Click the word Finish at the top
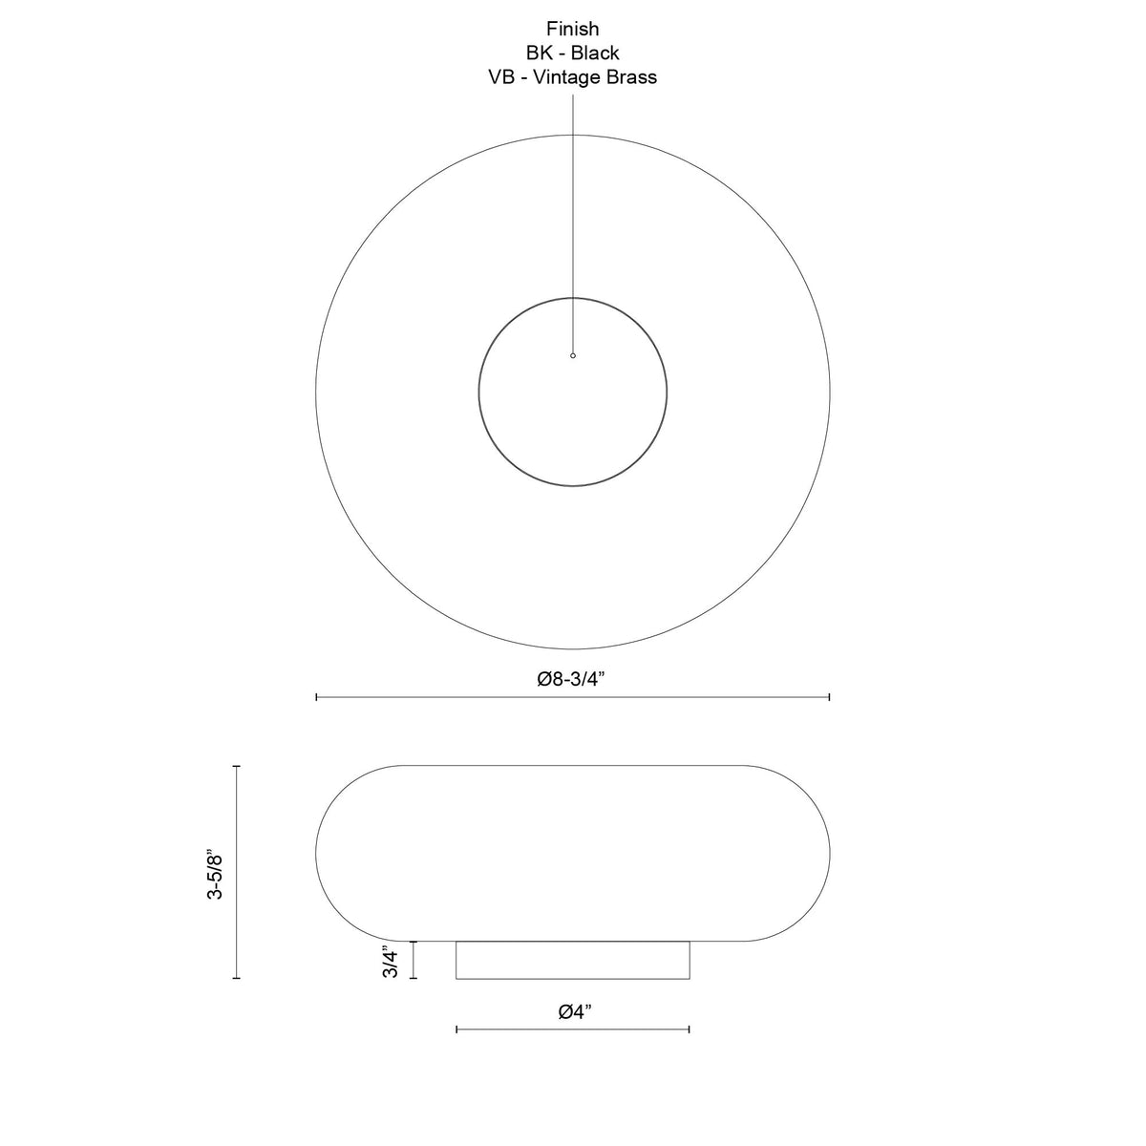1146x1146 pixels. (x=573, y=29)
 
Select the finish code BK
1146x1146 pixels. (x=539, y=53)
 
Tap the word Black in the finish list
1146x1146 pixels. (x=595, y=53)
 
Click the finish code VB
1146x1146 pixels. (x=501, y=77)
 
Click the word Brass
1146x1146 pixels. (x=632, y=77)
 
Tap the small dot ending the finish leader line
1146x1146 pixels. (x=573, y=355)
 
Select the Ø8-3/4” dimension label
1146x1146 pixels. (x=571, y=679)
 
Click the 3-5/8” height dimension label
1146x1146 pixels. (x=214, y=876)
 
